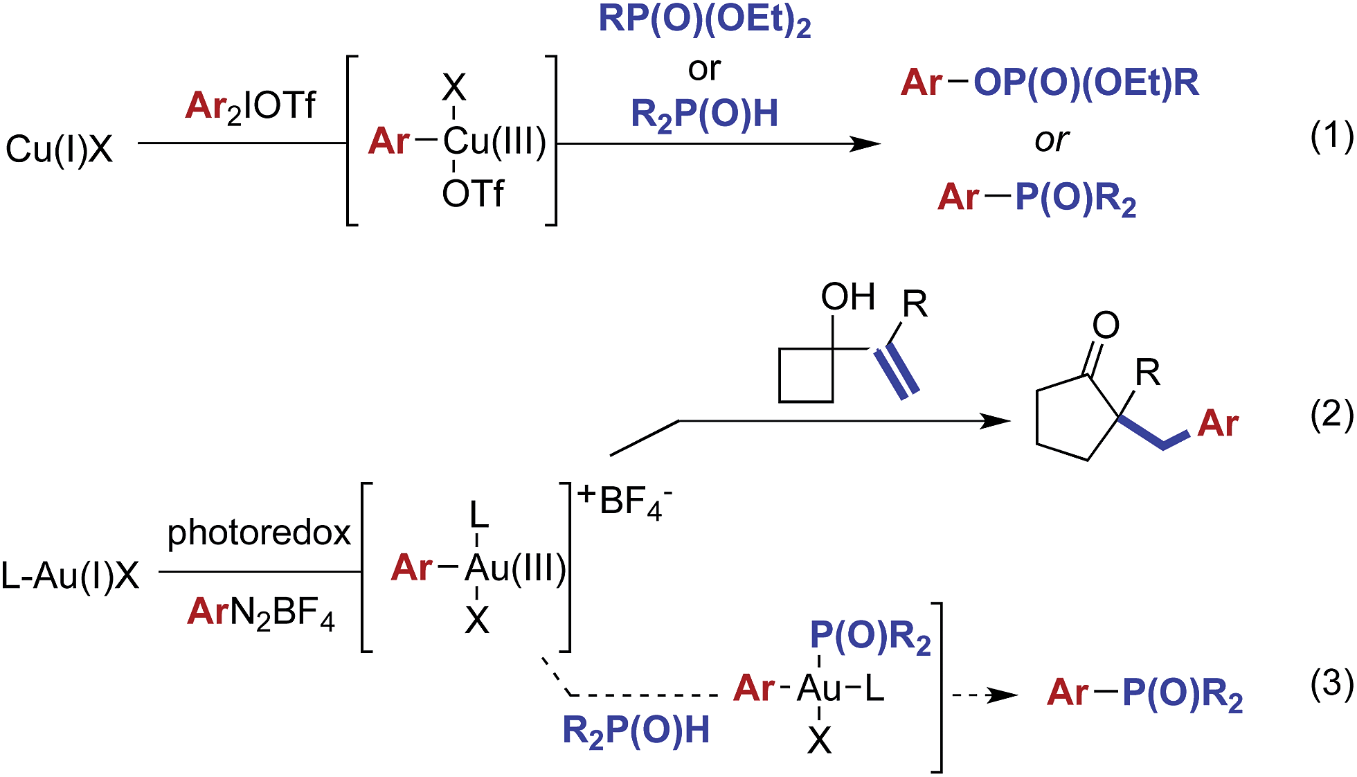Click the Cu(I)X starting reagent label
59,149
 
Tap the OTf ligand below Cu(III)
473,194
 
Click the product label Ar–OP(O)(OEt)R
1050,83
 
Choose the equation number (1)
1331,136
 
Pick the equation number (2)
1331,416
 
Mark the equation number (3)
1331,684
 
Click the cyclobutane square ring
805,375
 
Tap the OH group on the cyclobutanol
847,297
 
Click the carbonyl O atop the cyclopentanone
1106,325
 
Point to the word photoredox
259,533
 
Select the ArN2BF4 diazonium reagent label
260,613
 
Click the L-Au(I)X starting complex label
70,575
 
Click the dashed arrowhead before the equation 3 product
1002,695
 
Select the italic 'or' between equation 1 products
1051,141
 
